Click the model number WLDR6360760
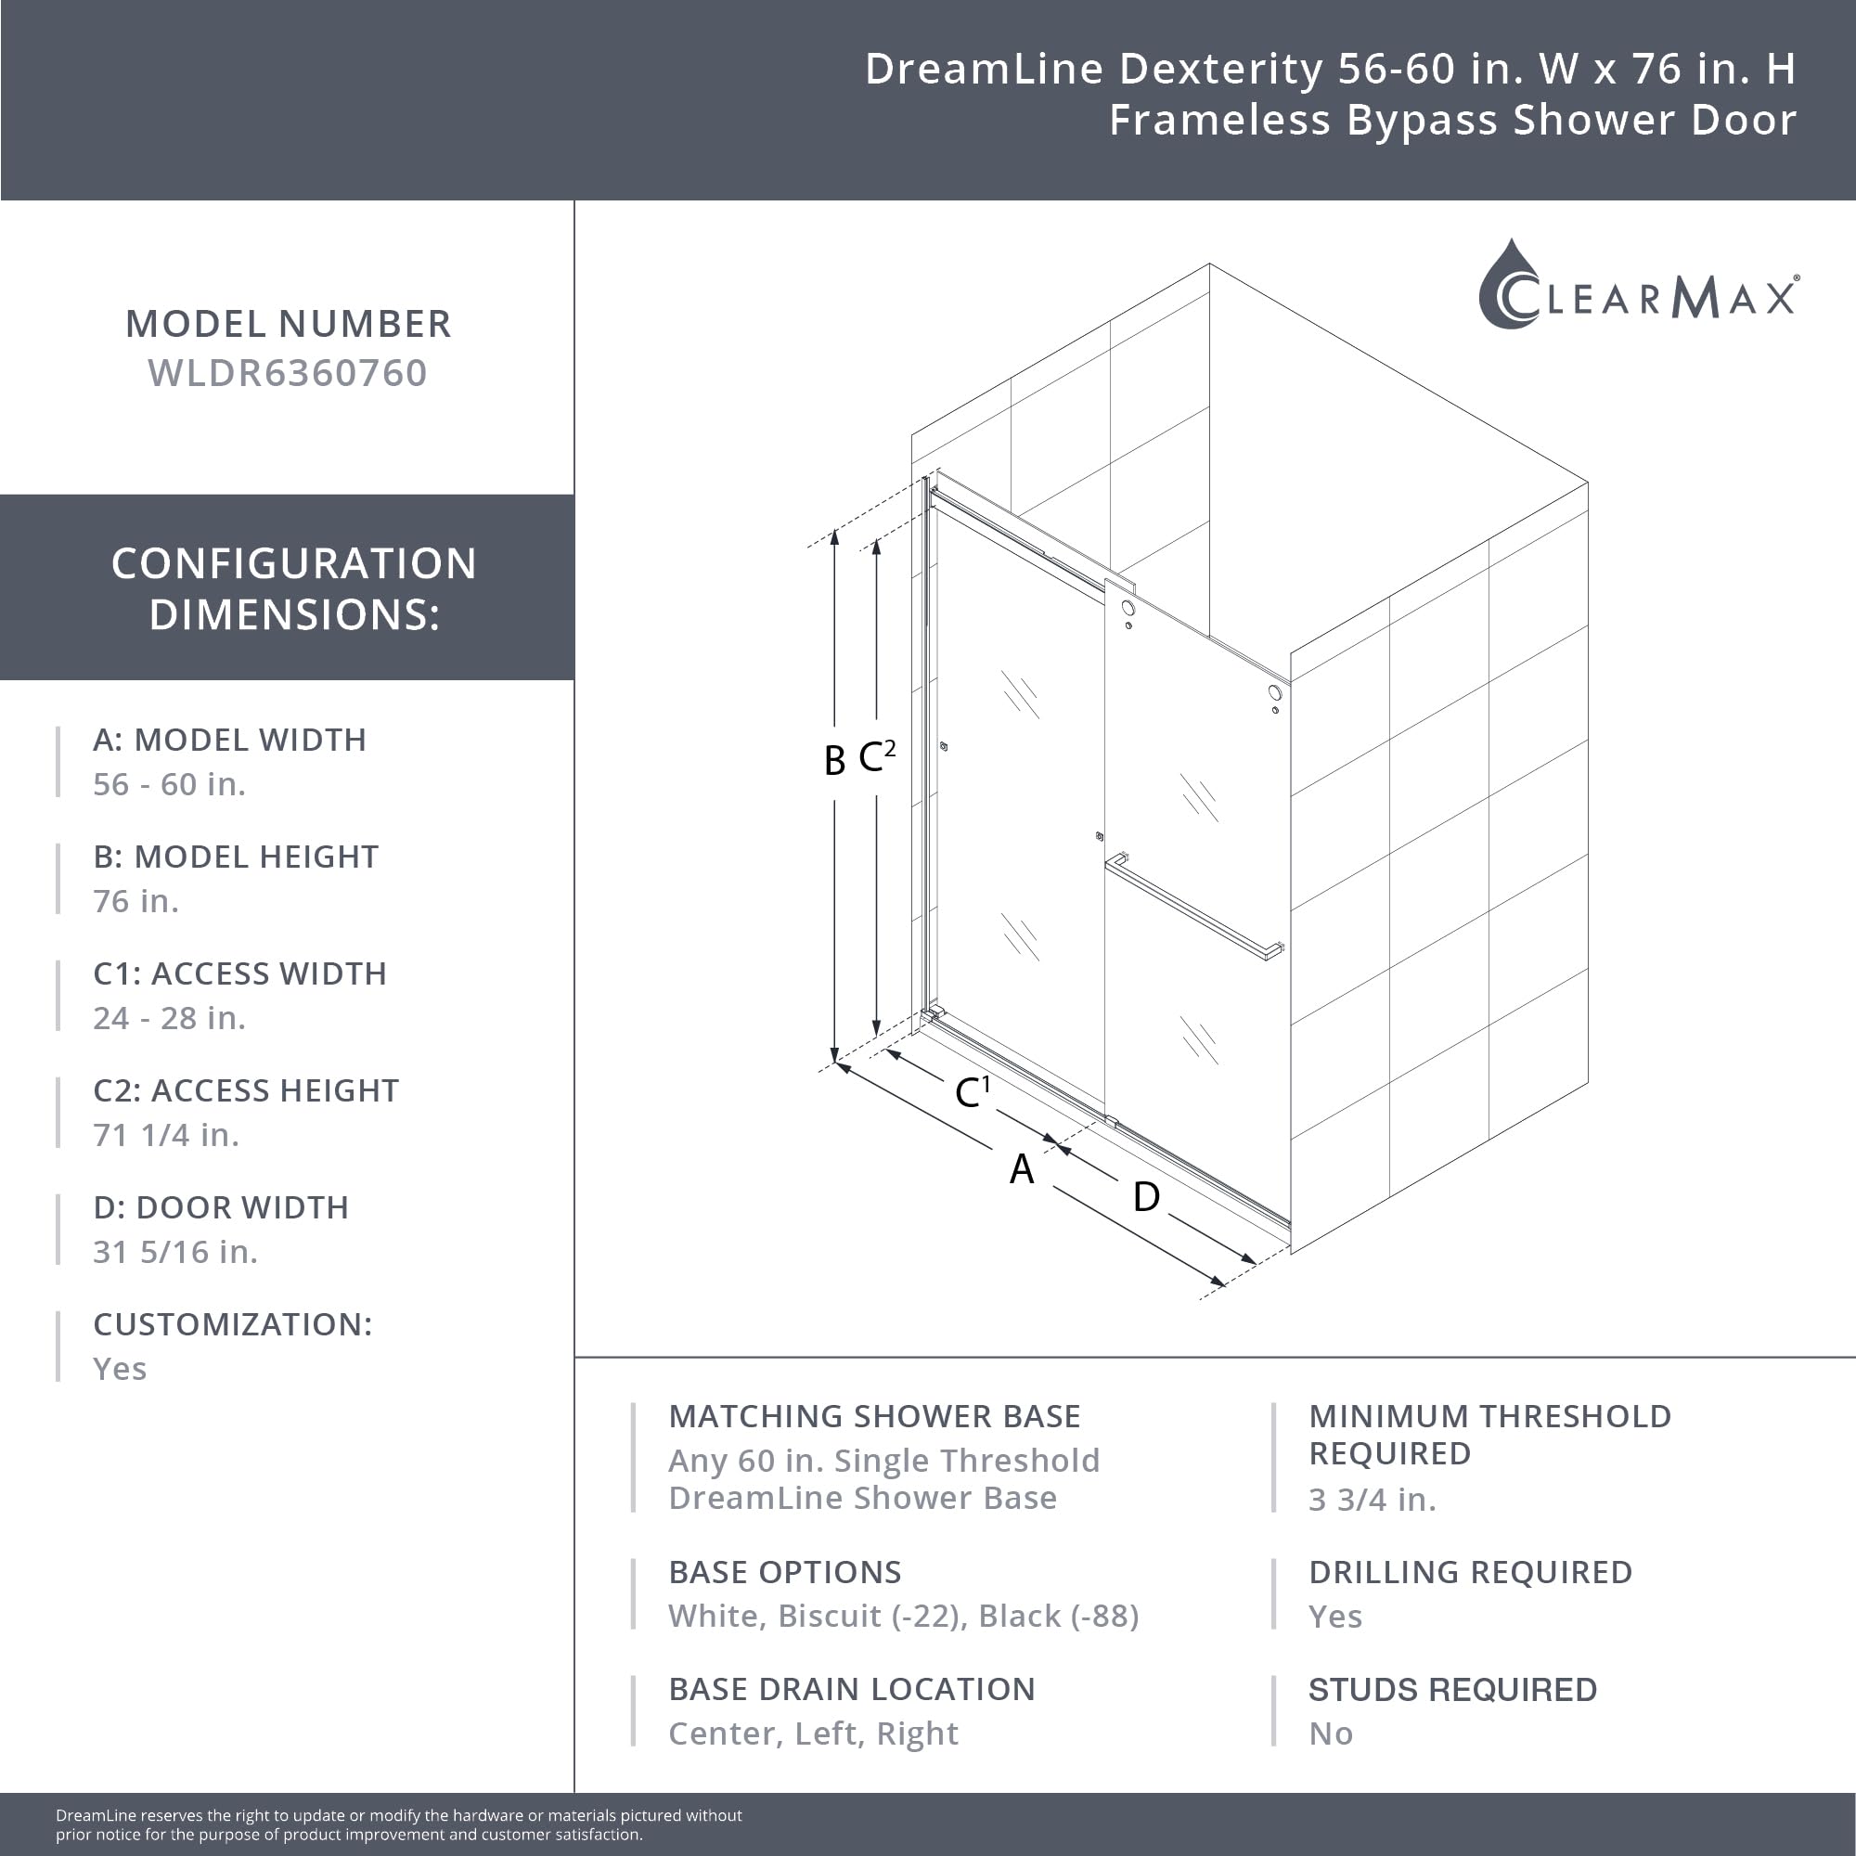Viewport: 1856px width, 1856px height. tap(288, 373)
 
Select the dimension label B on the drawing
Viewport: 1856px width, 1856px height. tap(834, 760)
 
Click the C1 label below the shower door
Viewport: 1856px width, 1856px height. tap(972, 1091)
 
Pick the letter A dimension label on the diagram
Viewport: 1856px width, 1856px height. tap(1021, 1169)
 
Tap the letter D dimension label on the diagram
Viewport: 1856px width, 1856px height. tap(1145, 1197)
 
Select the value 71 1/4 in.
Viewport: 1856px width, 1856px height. tap(166, 1135)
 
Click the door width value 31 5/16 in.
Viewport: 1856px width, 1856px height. tap(175, 1252)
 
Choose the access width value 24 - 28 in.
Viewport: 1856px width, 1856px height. tap(169, 1017)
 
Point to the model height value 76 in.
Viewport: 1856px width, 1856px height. tap(135, 901)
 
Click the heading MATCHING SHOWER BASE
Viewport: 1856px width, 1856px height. tap(874, 1416)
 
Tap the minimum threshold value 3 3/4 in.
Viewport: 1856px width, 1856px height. tap(1372, 1500)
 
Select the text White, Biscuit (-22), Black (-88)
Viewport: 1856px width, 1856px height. tap(903, 1616)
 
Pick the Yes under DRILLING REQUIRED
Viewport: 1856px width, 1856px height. tap(1334, 1617)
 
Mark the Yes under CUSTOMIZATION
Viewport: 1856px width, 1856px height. tap(120, 1368)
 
